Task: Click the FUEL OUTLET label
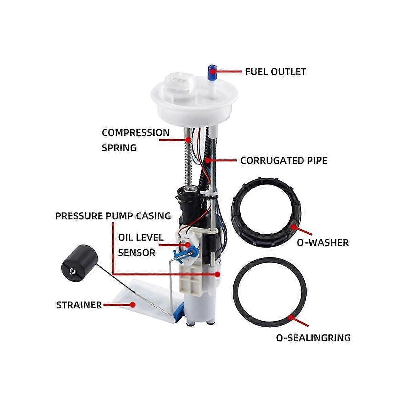pyautogui.click(x=275, y=72)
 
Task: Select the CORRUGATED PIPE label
pyautogui.click(x=284, y=160)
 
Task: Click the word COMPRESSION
pyautogui.click(x=136, y=133)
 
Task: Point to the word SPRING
pyautogui.click(x=119, y=148)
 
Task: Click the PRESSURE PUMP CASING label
pyautogui.click(x=113, y=216)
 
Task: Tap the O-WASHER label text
pyautogui.click(x=323, y=243)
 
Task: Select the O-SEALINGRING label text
pyautogui.click(x=313, y=338)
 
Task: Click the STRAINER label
pyautogui.click(x=79, y=305)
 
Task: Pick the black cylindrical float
pyautogui.click(x=77, y=263)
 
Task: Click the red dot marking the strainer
pyautogui.click(x=133, y=305)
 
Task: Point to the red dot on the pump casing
pyautogui.click(x=217, y=274)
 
